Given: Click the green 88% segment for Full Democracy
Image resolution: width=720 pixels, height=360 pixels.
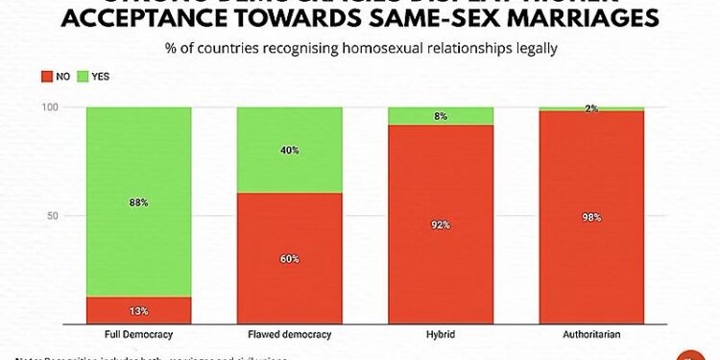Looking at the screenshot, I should click(138, 202).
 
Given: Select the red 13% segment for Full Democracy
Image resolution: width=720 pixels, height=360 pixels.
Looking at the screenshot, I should click(138, 311).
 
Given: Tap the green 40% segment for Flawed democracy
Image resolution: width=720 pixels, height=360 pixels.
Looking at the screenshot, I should click(289, 150).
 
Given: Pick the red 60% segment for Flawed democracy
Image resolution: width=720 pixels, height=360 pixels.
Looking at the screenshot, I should click(289, 259).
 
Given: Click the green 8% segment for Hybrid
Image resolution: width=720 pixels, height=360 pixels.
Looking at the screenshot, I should click(440, 115).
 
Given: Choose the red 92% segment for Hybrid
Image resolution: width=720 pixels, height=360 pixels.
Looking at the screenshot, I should click(440, 226).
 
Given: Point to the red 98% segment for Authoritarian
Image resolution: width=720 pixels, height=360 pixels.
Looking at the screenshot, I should click(590, 218).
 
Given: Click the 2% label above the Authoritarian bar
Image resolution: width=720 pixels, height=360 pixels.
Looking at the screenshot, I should click(591, 108).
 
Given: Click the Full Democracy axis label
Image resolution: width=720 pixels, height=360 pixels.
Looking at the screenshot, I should click(138, 335).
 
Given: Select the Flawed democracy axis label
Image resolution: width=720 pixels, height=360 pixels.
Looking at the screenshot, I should click(289, 335).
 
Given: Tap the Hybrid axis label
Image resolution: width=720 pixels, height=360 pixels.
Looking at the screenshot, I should click(440, 335).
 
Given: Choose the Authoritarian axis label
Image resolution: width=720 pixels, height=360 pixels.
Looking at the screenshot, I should click(590, 335).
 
